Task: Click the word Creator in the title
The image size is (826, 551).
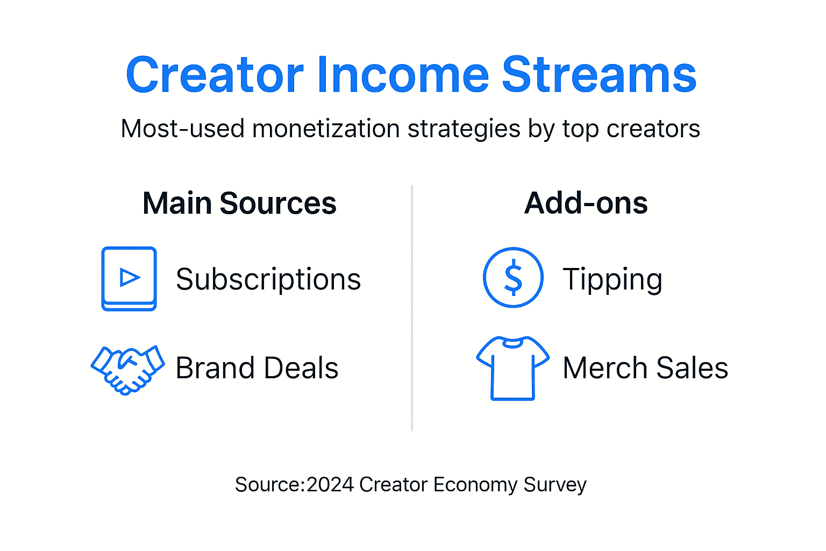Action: (215, 75)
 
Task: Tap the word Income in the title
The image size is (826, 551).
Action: (403, 75)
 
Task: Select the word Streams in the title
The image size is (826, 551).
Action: (599, 75)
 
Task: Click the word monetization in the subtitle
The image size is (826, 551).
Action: (326, 129)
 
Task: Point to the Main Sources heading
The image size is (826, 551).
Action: (239, 203)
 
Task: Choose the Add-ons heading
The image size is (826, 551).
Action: (586, 203)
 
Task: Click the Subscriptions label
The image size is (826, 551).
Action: (268, 279)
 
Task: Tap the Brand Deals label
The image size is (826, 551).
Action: (257, 368)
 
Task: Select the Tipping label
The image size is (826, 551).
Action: (612, 279)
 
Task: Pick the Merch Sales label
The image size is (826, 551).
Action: (645, 368)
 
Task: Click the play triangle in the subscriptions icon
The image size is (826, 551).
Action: (130, 277)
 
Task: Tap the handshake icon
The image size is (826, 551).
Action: (128, 369)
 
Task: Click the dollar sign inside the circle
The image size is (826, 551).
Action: (513, 278)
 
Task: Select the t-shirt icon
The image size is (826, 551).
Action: (512, 368)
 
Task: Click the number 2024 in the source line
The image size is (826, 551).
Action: (330, 485)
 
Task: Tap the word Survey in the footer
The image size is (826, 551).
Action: (555, 485)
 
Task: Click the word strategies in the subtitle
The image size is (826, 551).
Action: (464, 129)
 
